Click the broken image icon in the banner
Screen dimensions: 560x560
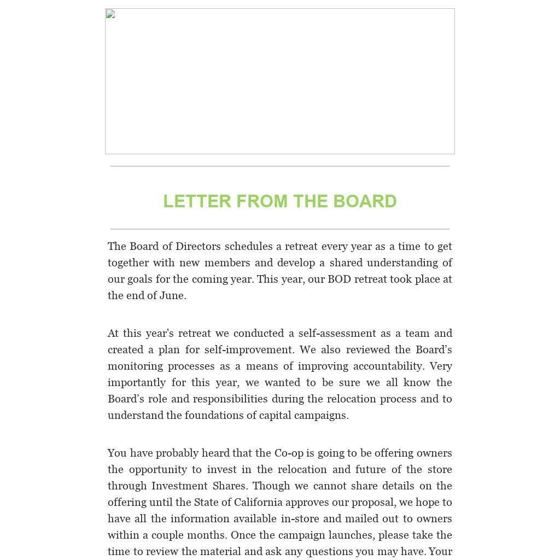point(110,14)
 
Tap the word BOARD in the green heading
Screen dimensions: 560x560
point(365,201)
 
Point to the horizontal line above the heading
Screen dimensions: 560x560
point(280,166)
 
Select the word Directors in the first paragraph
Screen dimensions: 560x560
point(198,246)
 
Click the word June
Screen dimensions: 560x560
point(171,295)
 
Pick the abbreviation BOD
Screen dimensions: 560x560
point(339,279)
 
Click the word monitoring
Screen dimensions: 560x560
point(135,366)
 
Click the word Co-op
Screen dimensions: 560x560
point(289,453)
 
